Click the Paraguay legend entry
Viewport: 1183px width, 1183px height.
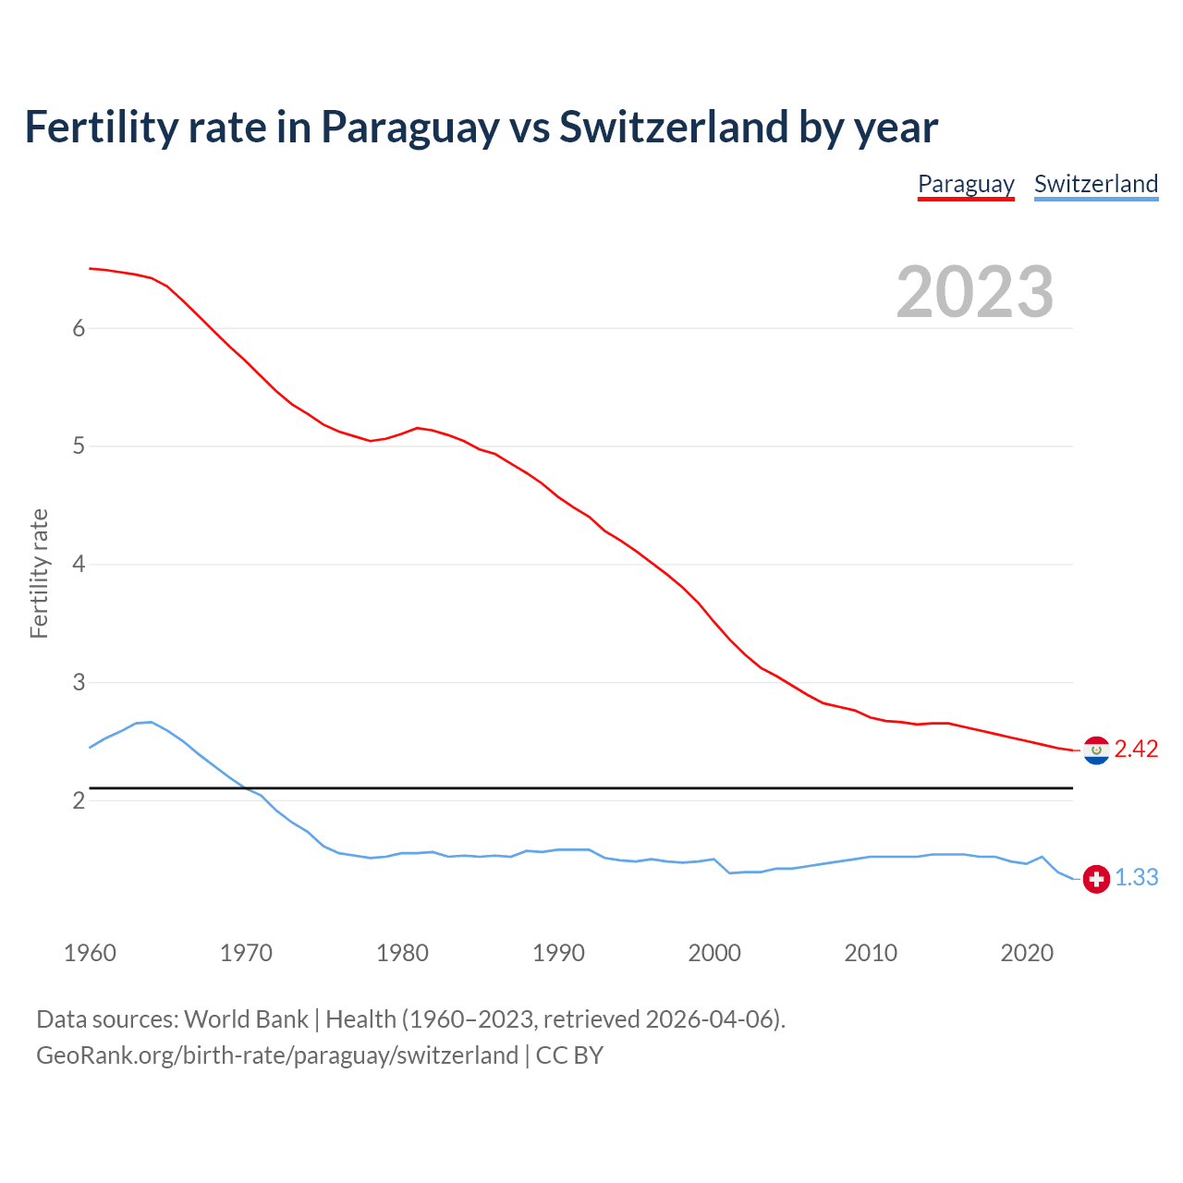[x=966, y=184]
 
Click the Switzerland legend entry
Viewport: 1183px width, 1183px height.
[x=1095, y=184]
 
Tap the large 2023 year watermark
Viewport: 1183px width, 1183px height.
[x=974, y=292]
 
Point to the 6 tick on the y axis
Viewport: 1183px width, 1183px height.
[x=79, y=328]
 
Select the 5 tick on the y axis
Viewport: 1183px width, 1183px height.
[x=79, y=446]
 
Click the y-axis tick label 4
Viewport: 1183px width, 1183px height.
[x=79, y=564]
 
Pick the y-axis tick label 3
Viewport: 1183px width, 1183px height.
[x=79, y=682]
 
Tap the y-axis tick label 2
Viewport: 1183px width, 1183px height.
[x=79, y=800]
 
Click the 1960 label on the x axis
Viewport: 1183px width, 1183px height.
[x=90, y=953]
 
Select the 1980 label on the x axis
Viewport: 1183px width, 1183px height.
[x=402, y=953]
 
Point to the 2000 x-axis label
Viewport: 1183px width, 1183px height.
[x=714, y=953]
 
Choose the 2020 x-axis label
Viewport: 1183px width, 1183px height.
[x=1027, y=953]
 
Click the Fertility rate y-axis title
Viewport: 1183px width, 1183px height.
[x=39, y=573]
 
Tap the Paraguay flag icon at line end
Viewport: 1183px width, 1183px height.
[x=1096, y=750]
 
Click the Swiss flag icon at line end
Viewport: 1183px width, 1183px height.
[x=1096, y=879]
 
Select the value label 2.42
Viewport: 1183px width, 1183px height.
[x=1136, y=750]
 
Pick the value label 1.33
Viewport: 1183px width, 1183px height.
[x=1136, y=878]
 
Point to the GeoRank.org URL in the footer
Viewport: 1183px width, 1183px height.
[x=277, y=1055]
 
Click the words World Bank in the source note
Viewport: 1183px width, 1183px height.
[x=246, y=1019]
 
